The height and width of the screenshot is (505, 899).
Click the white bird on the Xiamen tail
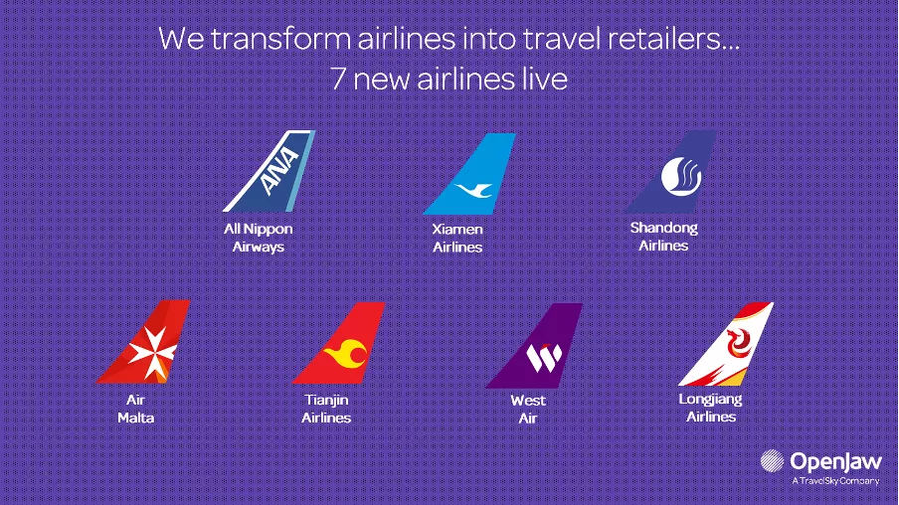click(474, 190)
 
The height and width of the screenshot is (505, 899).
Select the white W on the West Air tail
click(544, 358)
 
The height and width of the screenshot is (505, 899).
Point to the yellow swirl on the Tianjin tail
click(346, 353)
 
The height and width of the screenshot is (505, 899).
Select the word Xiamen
click(457, 230)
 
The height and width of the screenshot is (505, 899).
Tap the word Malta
click(136, 418)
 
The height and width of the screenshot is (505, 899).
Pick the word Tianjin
click(326, 400)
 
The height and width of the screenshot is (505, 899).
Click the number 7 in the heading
click(338, 79)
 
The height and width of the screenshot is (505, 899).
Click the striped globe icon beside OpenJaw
click(772, 461)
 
